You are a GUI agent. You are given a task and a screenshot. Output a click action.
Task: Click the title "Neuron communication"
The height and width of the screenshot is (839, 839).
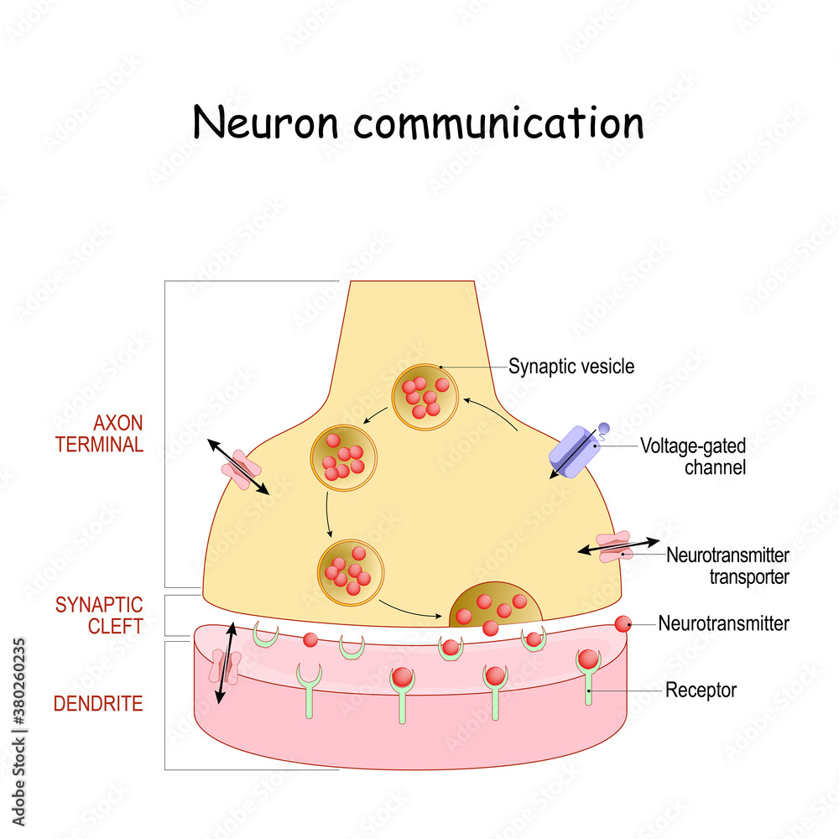(x=418, y=122)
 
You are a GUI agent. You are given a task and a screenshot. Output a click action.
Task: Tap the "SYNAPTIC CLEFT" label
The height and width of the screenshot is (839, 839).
(x=99, y=615)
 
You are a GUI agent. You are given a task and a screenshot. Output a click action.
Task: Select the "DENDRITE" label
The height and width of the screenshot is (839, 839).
(x=98, y=704)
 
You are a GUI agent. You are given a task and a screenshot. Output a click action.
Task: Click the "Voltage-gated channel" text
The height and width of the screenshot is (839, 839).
(x=692, y=456)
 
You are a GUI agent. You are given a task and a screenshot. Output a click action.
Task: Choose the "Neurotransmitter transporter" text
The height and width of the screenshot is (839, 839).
(x=727, y=565)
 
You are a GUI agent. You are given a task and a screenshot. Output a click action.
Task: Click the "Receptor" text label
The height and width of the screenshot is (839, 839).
(x=701, y=690)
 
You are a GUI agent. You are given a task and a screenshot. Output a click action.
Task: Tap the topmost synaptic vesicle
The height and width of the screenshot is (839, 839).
(x=425, y=396)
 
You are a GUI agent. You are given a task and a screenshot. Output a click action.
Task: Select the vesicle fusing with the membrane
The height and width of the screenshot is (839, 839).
(x=494, y=607)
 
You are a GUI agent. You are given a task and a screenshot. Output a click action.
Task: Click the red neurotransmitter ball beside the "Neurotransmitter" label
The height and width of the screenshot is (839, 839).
(x=623, y=623)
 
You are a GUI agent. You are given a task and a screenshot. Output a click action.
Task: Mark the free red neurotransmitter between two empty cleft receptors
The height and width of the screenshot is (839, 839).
(x=310, y=639)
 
